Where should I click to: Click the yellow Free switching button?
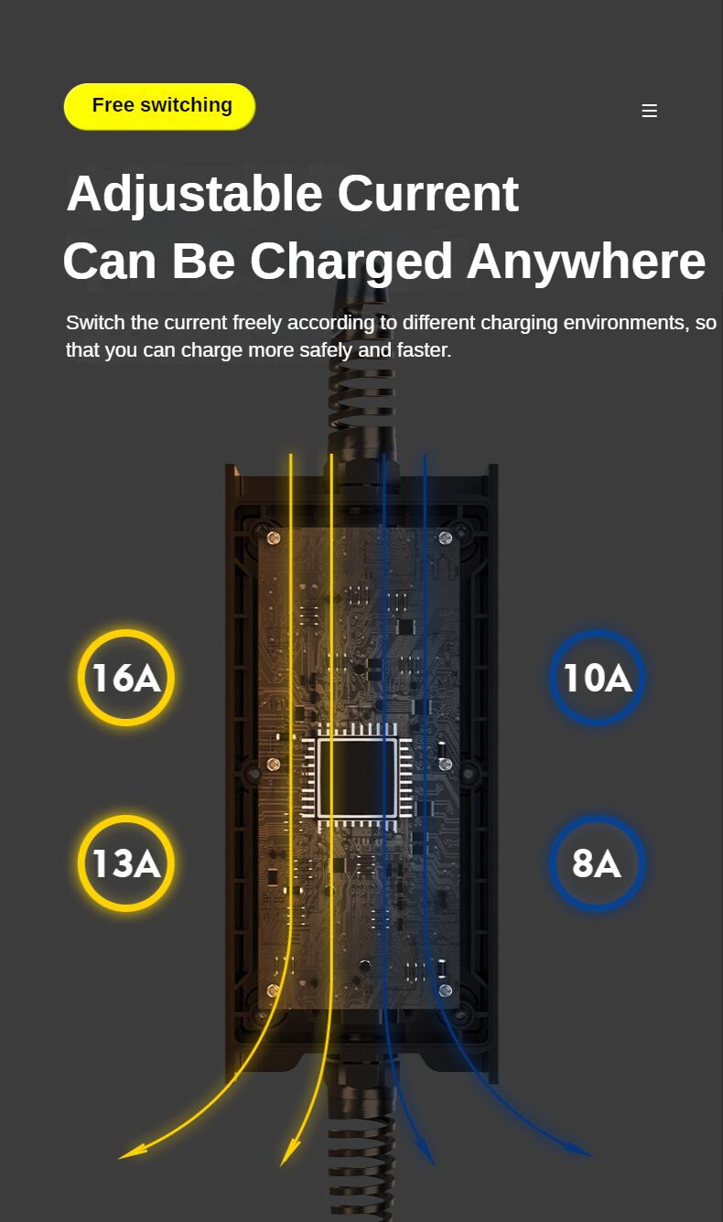(x=160, y=106)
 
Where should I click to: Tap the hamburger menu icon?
(x=650, y=111)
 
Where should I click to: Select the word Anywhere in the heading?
(x=586, y=262)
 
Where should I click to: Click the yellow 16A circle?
(x=126, y=678)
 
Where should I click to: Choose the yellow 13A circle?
(x=126, y=863)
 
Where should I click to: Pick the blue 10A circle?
(x=597, y=678)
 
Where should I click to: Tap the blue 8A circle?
(x=597, y=863)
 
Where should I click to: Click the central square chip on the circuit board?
(x=358, y=777)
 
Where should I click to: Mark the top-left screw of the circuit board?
(x=273, y=537)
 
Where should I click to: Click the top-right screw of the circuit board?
(x=446, y=537)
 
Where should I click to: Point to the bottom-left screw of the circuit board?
(x=273, y=991)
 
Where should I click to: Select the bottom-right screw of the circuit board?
(x=446, y=991)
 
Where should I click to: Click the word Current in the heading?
(x=427, y=194)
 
